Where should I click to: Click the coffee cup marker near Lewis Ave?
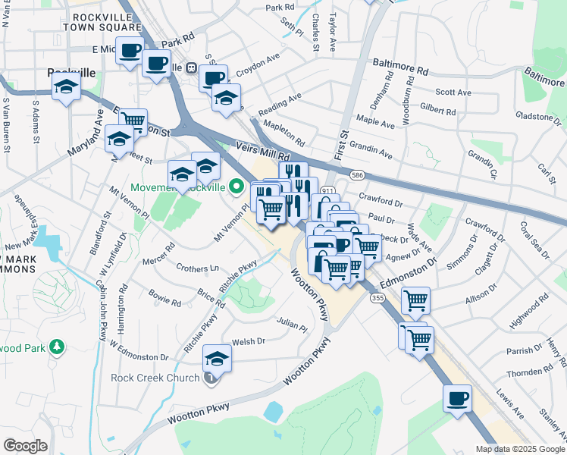click(x=457, y=398)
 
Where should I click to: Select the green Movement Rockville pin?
click(x=237, y=186)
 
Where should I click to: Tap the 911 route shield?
click(x=327, y=190)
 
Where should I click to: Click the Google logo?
click(x=24, y=446)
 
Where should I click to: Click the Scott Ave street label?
click(x=453, y=93)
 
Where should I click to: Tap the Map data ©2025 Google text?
click(x=520, y=449)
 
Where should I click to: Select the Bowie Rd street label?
click(x=164, y=297)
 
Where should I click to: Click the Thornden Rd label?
click(x=531, y=372)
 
